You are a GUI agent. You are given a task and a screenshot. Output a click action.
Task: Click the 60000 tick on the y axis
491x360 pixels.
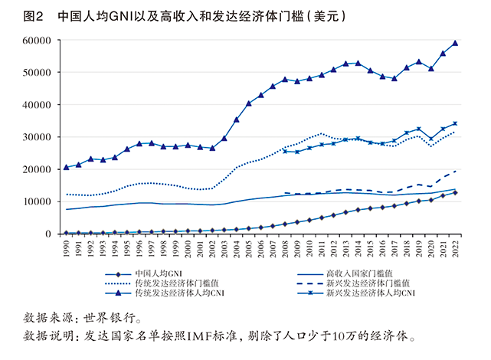[x=39, y=40]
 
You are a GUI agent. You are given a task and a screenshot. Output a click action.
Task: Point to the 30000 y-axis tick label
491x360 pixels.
[x=39, y=137]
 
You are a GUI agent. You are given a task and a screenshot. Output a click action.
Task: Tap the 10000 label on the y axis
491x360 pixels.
[x=39, y=201]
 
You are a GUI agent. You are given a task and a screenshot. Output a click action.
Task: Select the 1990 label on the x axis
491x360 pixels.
[x=67, y=248]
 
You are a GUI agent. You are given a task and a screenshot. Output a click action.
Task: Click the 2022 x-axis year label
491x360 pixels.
[x=457, y=248]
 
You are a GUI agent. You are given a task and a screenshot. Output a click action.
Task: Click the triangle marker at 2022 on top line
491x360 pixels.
[x=456, y=43]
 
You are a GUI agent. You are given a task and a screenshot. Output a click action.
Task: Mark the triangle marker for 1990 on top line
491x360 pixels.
[x=67, y=167]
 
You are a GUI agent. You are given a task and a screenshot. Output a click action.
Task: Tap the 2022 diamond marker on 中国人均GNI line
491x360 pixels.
[x=456, y=192]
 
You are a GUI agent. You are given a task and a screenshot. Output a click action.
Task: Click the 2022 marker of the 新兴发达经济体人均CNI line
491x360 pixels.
[x=456, y=123]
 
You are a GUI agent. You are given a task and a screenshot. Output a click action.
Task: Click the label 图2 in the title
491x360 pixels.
[x=32, y=15]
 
